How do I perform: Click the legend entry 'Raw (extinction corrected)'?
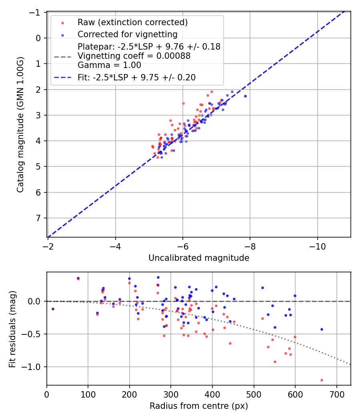click(x=133, y=22)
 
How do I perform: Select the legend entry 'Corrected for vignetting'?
click(x=127, y=34)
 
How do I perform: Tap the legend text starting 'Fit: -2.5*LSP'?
click(x=136, y=78)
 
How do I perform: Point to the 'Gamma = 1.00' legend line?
click(x=109, y=65)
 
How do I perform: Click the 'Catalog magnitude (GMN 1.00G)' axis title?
click(x=20, y=124)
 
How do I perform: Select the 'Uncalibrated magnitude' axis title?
click(x=199, y=258)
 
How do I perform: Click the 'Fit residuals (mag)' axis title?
click(x=12, y=328)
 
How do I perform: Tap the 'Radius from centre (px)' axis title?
click(x=199, y=406)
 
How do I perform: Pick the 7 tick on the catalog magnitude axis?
click(x=39, y=218)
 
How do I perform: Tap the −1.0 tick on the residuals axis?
click(x=34, y=367)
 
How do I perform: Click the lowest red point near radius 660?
click(x=322, y=380)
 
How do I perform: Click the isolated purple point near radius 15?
click(x=53, y=309)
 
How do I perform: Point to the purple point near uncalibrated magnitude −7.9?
click(x=245, y=96)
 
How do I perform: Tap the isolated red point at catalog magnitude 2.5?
click(x=183, y=103)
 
